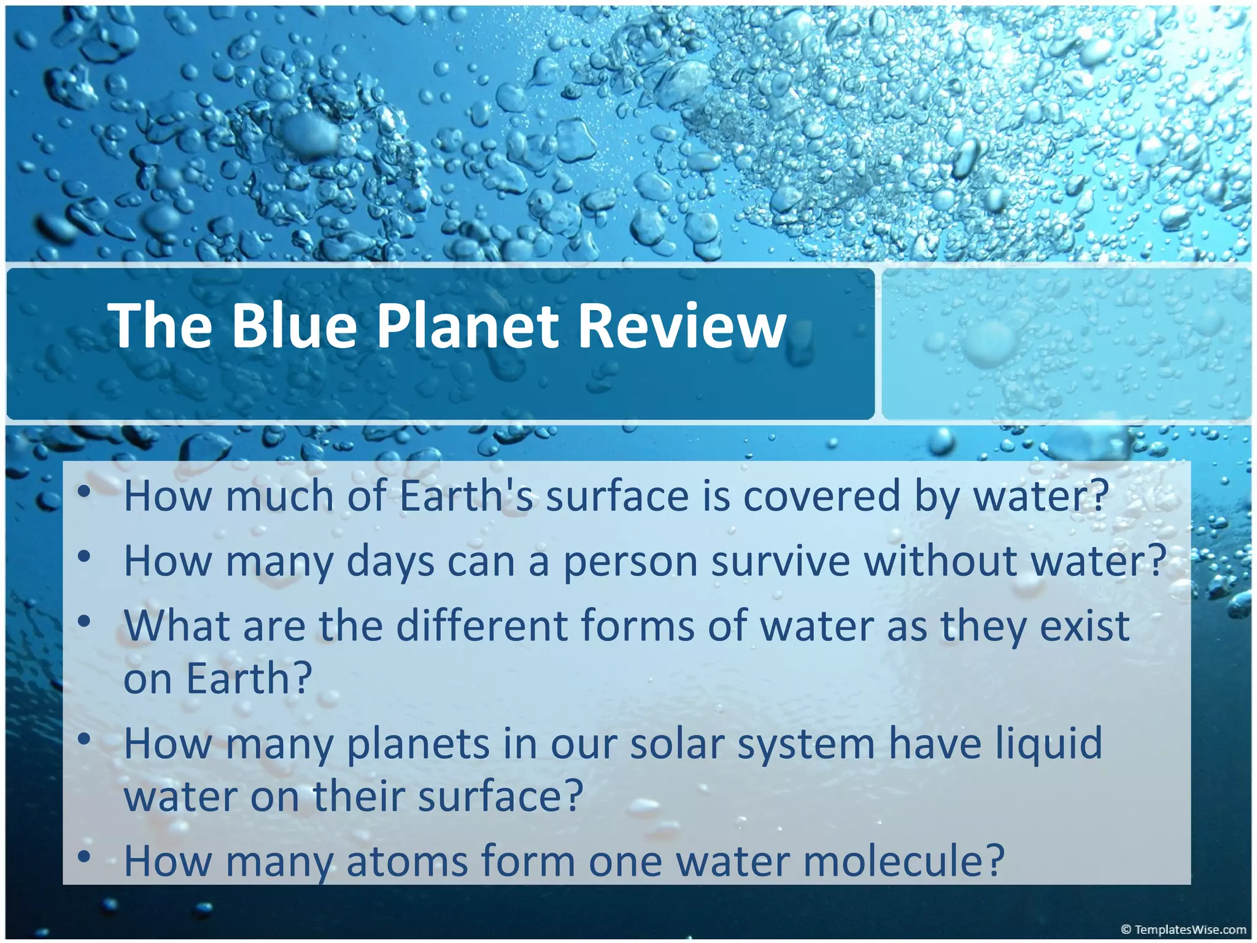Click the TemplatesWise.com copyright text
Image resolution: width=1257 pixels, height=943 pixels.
(1183, 929)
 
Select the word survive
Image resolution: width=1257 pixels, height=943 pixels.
(781, 561)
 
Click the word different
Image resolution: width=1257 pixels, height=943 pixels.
(482, 626)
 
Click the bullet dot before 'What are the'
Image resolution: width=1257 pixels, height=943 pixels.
(85, 621)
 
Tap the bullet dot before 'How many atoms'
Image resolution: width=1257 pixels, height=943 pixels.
(85, 856)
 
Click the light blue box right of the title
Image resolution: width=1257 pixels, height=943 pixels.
(1066, 344)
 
